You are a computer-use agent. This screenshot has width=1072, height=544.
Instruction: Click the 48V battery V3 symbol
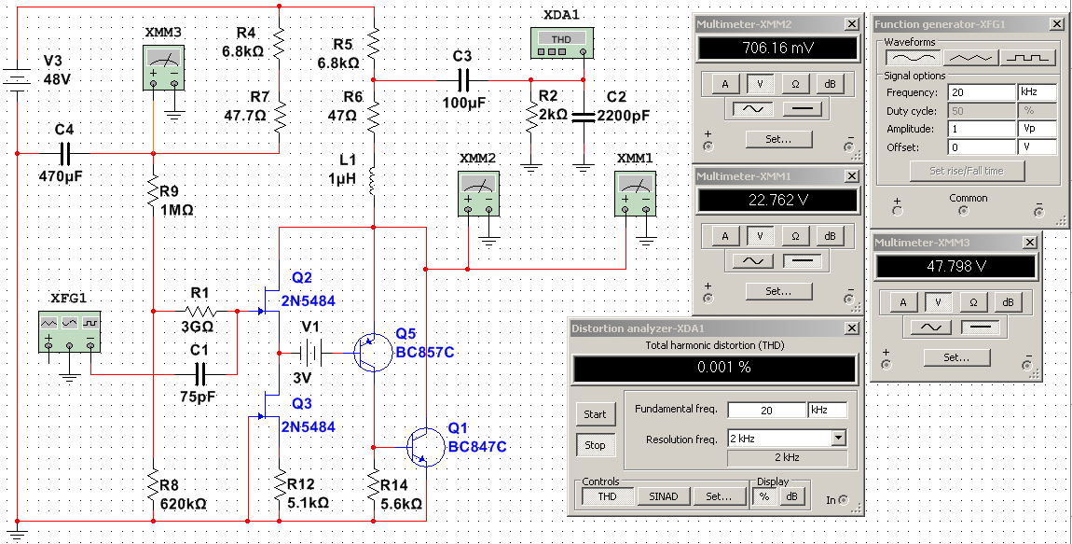point(17,79)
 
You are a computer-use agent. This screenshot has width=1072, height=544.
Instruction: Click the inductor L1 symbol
point(374,179)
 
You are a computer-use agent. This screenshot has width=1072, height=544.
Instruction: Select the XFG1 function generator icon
point(69,332)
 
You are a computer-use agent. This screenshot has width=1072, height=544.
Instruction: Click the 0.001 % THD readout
point(714,368)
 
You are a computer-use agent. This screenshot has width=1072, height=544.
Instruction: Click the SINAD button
point(663,496)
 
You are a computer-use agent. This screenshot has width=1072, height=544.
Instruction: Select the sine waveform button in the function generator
point(912,58)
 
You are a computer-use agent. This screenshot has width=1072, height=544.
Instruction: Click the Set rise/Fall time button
point(966,171)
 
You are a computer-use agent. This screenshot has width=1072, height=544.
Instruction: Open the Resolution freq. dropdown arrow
point(839,438)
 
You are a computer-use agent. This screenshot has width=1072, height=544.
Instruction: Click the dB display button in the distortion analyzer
point(791,496)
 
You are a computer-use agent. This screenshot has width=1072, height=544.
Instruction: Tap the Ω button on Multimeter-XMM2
point(795,83)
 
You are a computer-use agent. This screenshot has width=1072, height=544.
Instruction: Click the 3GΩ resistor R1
point(199,311)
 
